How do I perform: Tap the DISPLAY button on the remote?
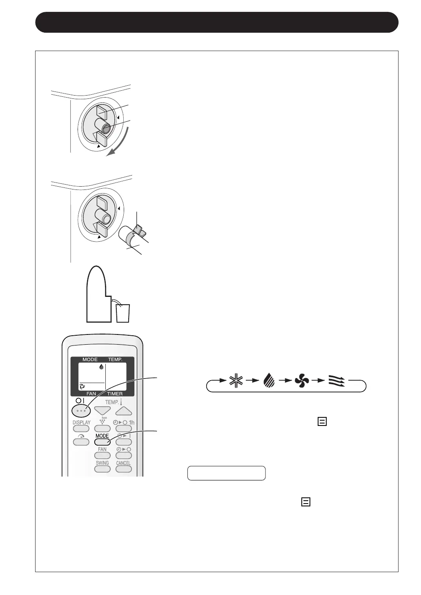click(x=81, y=428)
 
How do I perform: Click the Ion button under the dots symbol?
click(x=102, y=428)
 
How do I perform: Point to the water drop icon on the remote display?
click(x=101, y=367)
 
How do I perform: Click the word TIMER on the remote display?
click(x=115, y=394)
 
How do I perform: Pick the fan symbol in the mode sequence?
click(x=301, y=381)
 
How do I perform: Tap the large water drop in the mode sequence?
click(x=269, y=381)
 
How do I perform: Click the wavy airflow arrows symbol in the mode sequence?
click(x=336, y=381)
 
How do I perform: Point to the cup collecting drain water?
click(x=123, y=313)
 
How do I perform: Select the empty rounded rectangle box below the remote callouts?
click(x=226, y=473)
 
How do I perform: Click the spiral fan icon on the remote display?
click(x=82, y=386)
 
